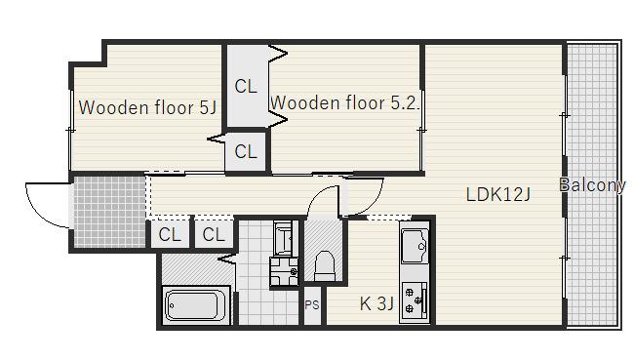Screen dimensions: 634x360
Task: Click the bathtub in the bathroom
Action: coord(196,305)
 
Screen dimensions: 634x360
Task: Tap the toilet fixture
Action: coord(325,265)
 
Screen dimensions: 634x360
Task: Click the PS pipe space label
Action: coord(312,305)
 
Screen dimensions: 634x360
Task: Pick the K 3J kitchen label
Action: coord(376,303)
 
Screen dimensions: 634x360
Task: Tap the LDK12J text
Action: coord(497,194)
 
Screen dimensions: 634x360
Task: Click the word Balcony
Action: coord(592,184)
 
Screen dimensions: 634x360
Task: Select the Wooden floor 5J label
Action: coord(147,107)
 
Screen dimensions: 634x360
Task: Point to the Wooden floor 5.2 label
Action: coord(344,102)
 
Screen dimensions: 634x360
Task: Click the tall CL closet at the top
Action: coord(246,86)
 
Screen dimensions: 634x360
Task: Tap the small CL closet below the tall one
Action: coord(246,151)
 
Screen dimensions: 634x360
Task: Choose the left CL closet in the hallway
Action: coord(170,234)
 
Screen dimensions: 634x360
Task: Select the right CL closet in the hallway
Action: coord(214,234)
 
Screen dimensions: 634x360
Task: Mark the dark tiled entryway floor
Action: coord(109,211)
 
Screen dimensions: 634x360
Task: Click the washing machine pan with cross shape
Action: coord(284,272)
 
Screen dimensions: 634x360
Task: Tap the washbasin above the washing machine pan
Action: coord(283,238)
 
